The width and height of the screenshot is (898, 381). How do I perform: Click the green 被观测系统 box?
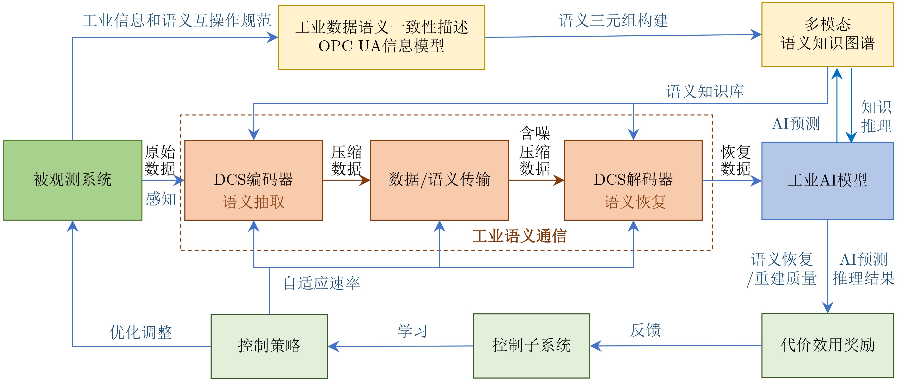(72, 180)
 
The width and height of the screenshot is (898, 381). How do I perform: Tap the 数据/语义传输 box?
(439, 180)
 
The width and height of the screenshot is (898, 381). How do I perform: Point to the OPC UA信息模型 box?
(381, 37)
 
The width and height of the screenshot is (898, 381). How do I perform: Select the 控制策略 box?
(269, 346)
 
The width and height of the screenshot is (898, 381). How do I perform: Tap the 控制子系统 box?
(531, 345)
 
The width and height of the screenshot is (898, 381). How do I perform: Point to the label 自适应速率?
(321, 283)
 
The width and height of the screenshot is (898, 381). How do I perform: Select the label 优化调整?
(141, 332)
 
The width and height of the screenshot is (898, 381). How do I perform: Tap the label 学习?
(412, 331)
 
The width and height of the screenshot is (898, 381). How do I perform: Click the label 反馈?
(645, 330)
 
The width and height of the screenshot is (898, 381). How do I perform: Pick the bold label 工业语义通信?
(519, 236)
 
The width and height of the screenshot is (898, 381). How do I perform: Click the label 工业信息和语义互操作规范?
(177, 21)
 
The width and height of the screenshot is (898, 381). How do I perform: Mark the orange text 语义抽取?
(253, 202)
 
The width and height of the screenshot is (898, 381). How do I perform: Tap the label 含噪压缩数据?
(535, 151)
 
